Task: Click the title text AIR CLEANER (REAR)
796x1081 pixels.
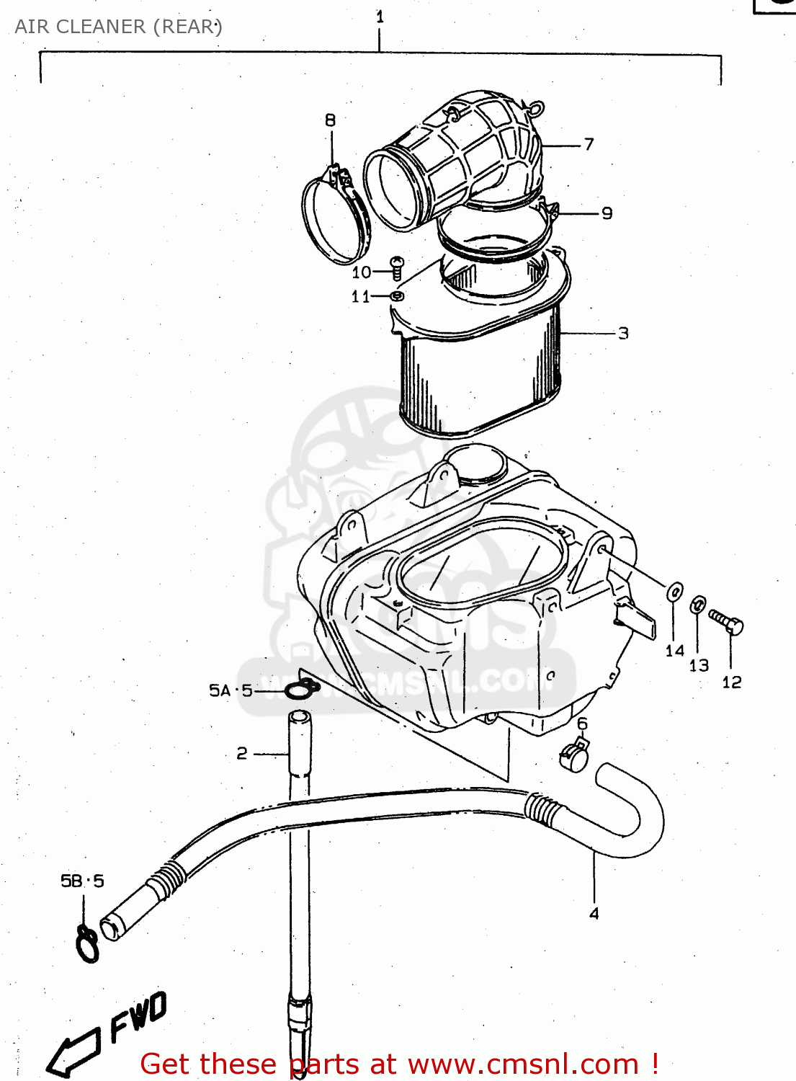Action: click(x=118, y=27)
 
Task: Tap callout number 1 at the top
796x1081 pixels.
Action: click(x=380, y=17)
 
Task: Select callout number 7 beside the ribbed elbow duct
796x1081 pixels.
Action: click(x=589, y=144)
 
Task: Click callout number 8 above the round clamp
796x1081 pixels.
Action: click(x=330, y=120)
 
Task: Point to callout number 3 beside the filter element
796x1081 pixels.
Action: click(x=623, y=333)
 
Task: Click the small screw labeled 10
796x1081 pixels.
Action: click(x=397, y=267)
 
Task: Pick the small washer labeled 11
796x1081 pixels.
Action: click(x=397, y=295)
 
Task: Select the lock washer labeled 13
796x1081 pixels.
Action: click(x=697, y=605)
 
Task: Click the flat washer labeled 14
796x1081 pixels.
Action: click(x=675, y=592)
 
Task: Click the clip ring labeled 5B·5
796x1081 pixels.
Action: click(x=87, y=944)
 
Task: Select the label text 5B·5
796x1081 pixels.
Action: click(x=82, y=881)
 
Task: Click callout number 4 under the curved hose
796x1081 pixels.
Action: click(x=594, y=914)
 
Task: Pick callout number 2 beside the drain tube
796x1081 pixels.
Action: click(x=242, y=753)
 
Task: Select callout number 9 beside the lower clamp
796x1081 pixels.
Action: click(x=607, y=213)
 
